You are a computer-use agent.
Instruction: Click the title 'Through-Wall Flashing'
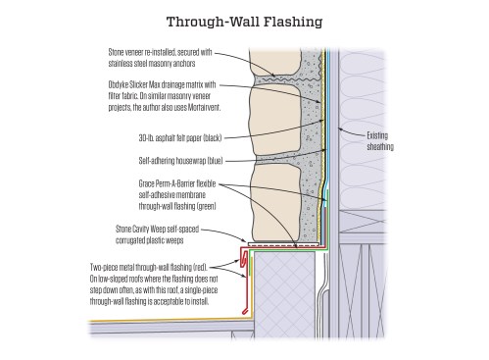[x=244, y=22]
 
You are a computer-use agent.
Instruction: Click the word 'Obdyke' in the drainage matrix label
[x=118, y=85]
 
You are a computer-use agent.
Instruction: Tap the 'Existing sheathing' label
[x=380, y=141]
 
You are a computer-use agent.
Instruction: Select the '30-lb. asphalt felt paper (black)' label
[x=180, y=138]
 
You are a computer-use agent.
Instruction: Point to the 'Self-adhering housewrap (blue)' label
[x=180, y=161]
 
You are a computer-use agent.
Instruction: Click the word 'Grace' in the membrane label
[x=147, y=183]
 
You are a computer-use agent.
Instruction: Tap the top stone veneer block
[x=274, y=62]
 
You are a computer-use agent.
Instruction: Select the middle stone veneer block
[x=274, y=120]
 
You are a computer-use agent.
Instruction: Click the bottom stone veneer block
[x=276, y=203]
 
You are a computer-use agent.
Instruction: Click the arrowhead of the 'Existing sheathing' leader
[x=340, y=129]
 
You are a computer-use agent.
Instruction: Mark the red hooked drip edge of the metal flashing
[x=244, y=258]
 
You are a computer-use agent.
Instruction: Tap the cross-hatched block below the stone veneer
[x=284, y=294]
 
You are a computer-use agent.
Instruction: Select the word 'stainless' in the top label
[x=121, y=63]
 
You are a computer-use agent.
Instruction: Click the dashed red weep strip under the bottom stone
[x=283, y=244]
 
